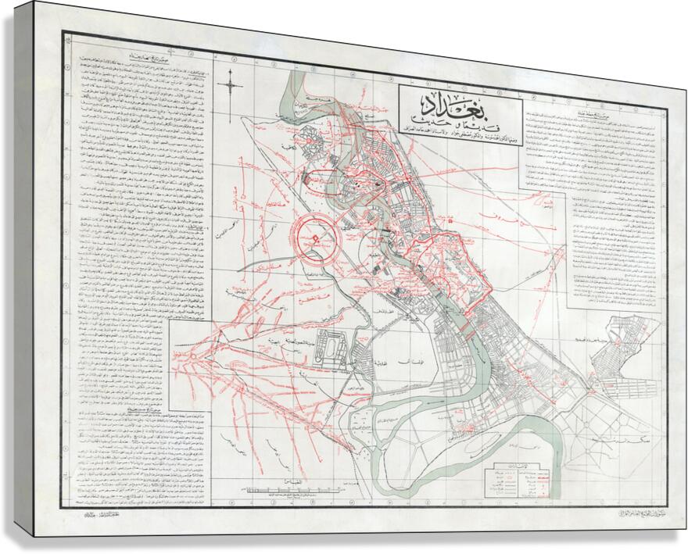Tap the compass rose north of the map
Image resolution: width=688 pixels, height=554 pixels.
click(231, 83)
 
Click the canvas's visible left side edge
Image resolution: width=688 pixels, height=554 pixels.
click(22, 273)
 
